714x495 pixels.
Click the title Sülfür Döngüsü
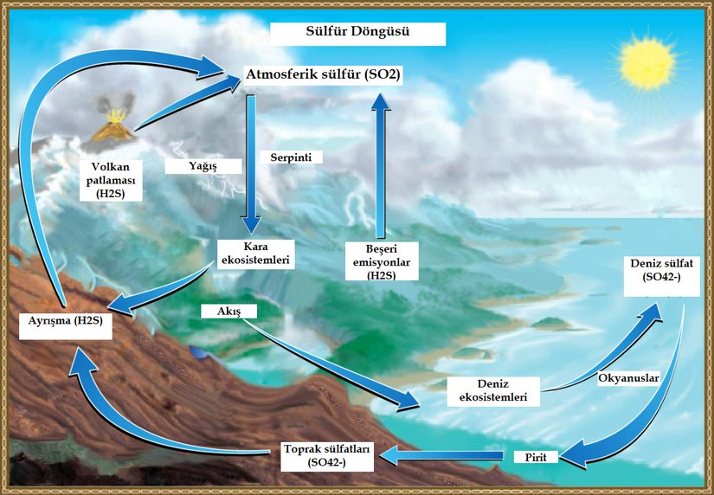[357, 34]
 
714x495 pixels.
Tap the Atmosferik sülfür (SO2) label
[324, 75]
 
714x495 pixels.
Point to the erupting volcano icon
[113, 127]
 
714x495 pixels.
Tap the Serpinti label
[291, 157]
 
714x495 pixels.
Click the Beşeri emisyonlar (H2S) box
[381, 260]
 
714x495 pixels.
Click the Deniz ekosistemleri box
[491, 390]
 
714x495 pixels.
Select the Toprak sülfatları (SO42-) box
[328, 455]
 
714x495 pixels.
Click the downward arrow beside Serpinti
[251, 164]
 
